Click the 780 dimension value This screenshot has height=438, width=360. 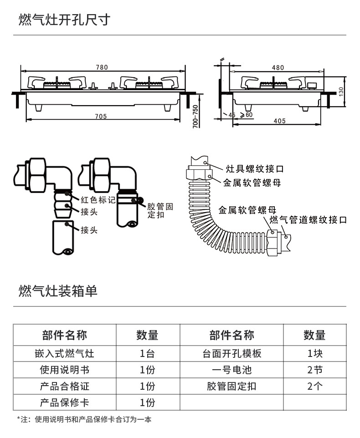coord(102,67)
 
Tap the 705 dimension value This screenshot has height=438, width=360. coord(101,117)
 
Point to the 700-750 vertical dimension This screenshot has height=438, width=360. coord(195,117)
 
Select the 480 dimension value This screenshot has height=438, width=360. coord(278,67)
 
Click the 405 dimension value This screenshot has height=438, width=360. coord(280,121)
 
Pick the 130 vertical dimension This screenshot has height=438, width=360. coord(341,91)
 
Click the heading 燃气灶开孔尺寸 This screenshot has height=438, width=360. coord(64,20)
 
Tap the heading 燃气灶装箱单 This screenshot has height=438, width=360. coord(58,291)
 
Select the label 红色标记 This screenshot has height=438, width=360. coord(98,199)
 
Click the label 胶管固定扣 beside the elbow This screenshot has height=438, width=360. coord(160,210)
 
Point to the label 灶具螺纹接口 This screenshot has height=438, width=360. coord(255,169)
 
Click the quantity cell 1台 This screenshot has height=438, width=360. coord(147,353)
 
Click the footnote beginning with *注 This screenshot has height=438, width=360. coord(84,420)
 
